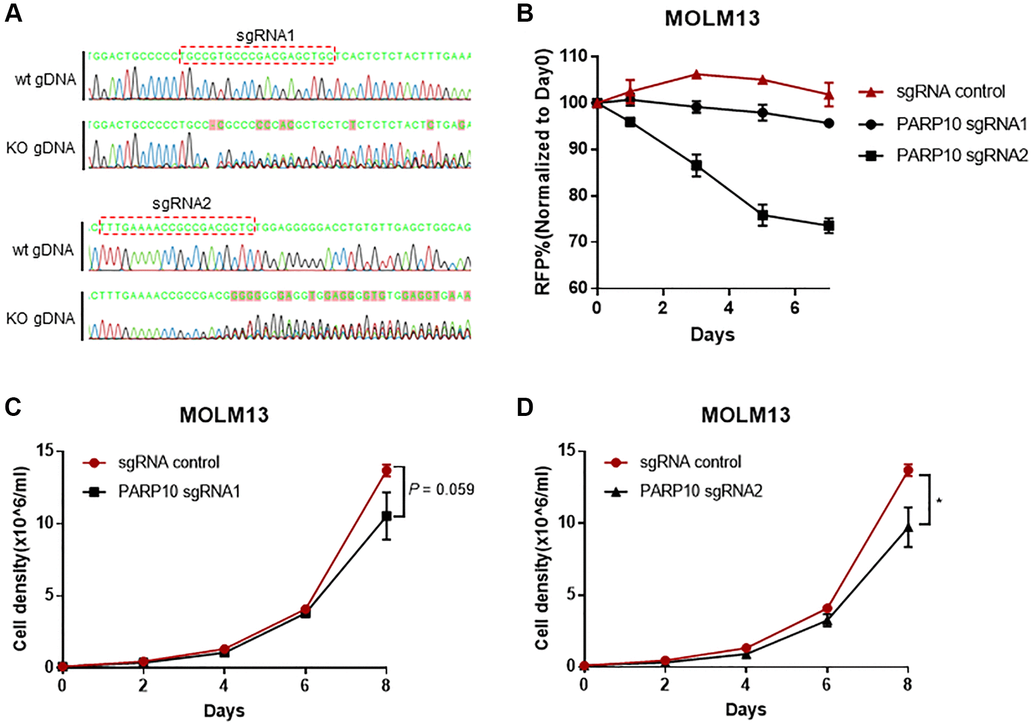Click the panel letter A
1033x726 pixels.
[14, 14]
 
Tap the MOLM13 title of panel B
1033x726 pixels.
[712, 19]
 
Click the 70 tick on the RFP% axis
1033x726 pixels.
[578, 241]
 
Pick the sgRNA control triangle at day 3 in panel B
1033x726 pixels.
[696, 75]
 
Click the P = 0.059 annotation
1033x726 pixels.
[441, 489]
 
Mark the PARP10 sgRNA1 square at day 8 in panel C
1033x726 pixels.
[386, 516]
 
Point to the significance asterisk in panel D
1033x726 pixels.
[939, 501]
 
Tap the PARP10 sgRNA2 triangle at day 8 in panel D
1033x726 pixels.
[908, 528]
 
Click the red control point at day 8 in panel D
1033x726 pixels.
[908, 471]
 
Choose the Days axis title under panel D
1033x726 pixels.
[746, 710]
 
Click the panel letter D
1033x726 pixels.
[525, 407]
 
